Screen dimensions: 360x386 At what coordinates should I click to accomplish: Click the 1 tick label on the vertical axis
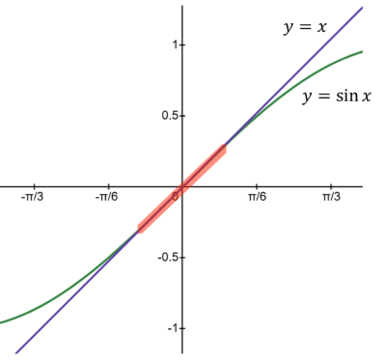175,43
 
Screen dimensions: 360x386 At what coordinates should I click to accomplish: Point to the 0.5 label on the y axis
170,115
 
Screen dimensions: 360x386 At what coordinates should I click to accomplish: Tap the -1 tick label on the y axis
173,328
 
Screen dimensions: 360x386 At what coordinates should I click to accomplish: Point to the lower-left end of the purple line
15,352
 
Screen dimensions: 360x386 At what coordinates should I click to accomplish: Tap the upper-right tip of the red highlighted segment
226,146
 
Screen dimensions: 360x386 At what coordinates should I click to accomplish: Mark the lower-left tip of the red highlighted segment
139,230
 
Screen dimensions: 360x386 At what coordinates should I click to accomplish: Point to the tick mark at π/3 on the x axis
331,186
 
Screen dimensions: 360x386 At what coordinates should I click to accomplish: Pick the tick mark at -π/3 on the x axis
35,186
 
